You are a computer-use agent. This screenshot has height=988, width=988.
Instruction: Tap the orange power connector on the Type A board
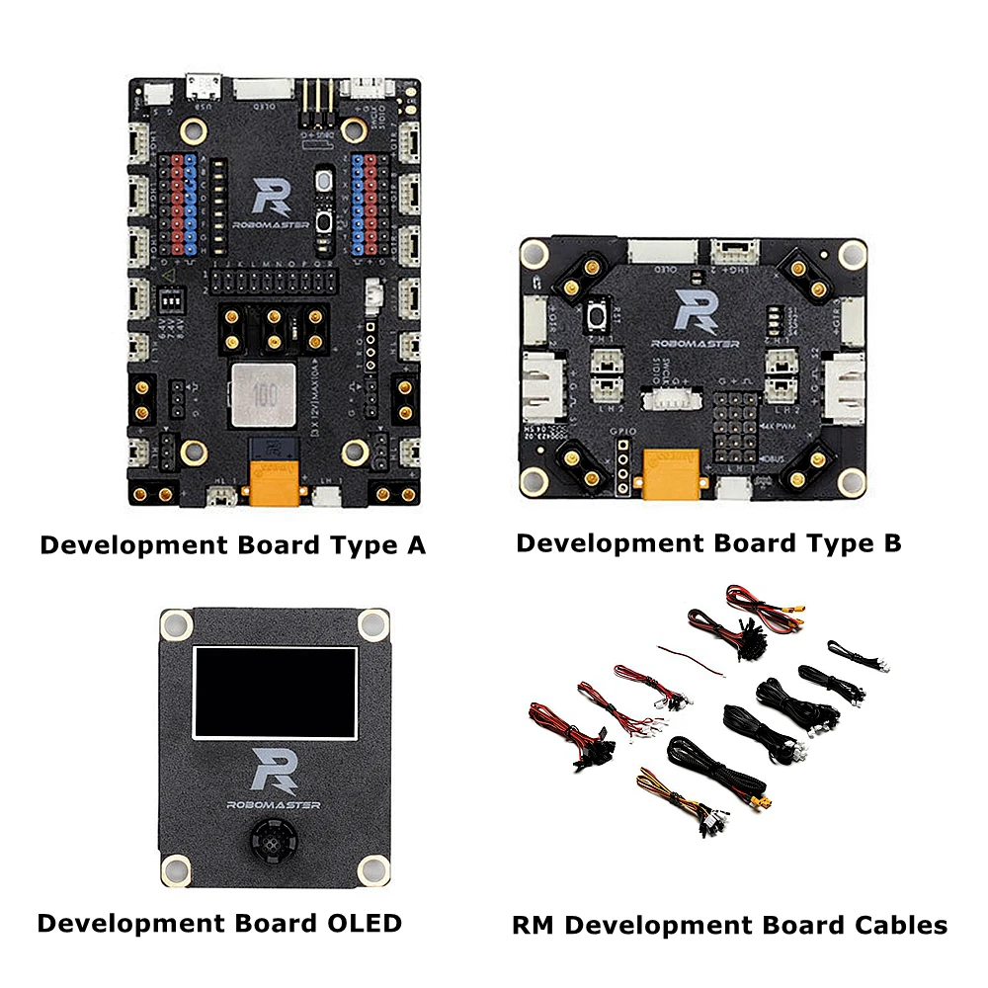point(275,478)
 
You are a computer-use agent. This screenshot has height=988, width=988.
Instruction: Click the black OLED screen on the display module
point(275,694)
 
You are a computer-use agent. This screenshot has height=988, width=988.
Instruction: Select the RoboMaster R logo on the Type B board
point(693,311)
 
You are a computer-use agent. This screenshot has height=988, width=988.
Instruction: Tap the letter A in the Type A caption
point(414,544)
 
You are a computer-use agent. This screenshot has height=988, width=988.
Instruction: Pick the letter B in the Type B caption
point(890,542)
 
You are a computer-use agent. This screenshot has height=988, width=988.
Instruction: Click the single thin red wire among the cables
point(697,657)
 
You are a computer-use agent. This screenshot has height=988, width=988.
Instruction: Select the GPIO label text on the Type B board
point(619,433)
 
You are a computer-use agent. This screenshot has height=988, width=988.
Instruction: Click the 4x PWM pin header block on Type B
point(735,423)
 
